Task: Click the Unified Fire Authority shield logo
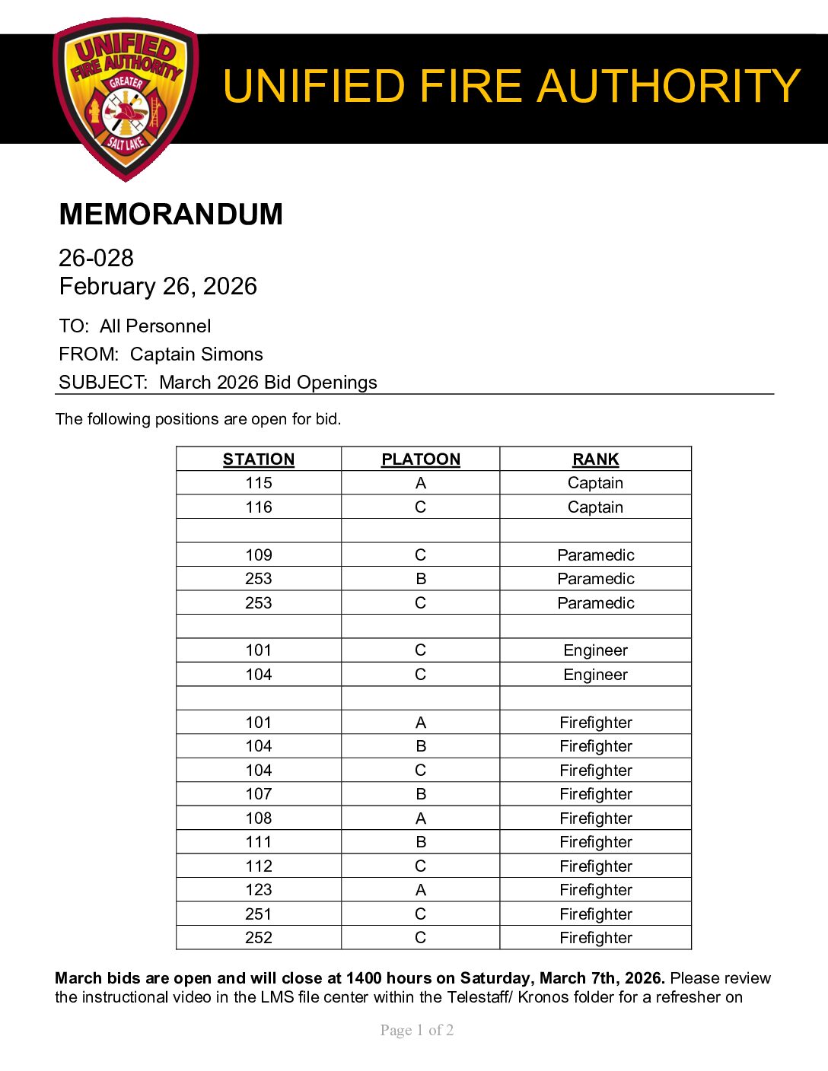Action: pyautogui.click(x=126, y=99)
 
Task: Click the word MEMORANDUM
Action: pyautogui.click(x=170, y=215)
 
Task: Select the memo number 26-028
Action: pyautogui.click(x=96, y=258)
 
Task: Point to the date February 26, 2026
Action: pyautogui.click(x=158, y=286)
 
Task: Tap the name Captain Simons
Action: pyautogui.click(x=196, y=354)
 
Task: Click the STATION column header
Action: pyautogui.click(x=259, y=459)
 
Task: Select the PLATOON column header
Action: pyautogui.click(x=421, y=459)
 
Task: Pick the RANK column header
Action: pyautogui.click(x=596, y=459)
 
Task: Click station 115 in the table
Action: pyautogui.click(x=259, y=483)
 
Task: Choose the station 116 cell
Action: pyautogui.click(x=259, y=507)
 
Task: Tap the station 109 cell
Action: pyautogui.click(x=259, y=555)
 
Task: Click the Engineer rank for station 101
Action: pyautogui.click(x=596, y=650)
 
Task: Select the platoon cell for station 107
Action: pyautogui.click(x=421, y=794)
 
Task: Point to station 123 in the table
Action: pyautogui.click(x=259, y=890)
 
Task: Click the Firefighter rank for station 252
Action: pyautogui.click(x=596, y=938)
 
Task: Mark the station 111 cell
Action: pyautogui.click(x=259, y=842)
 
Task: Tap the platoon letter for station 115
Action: pyautogui.click(x=421, y=483)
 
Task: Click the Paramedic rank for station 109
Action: pyautogui.click(x=596, y=555)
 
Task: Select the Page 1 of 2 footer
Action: pyautogui.click(x=417, y=1030)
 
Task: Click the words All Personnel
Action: pyautogui.click(x=155, y=326)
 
